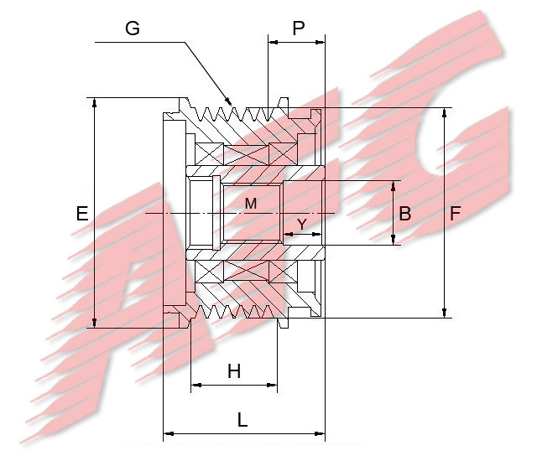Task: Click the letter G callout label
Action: coord(132,28)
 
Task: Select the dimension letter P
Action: coord(298,28)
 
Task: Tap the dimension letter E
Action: coord(81,215)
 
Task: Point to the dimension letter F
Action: coord(455,214)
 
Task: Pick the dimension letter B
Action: coord(405,214)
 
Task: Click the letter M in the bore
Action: coord(251,203)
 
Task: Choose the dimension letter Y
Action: coord(302,224)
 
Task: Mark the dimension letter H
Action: coord(234,371)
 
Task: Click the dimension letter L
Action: coord(242,421)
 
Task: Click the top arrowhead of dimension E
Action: coord(96,102)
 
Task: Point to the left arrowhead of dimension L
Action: coord(167,433)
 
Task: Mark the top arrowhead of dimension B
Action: coord(394,185)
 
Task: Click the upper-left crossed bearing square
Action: coord(207,153)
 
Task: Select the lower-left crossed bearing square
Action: coord(207,272)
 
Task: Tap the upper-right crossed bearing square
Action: coord(284,153)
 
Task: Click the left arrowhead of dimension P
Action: coord(272,39)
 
